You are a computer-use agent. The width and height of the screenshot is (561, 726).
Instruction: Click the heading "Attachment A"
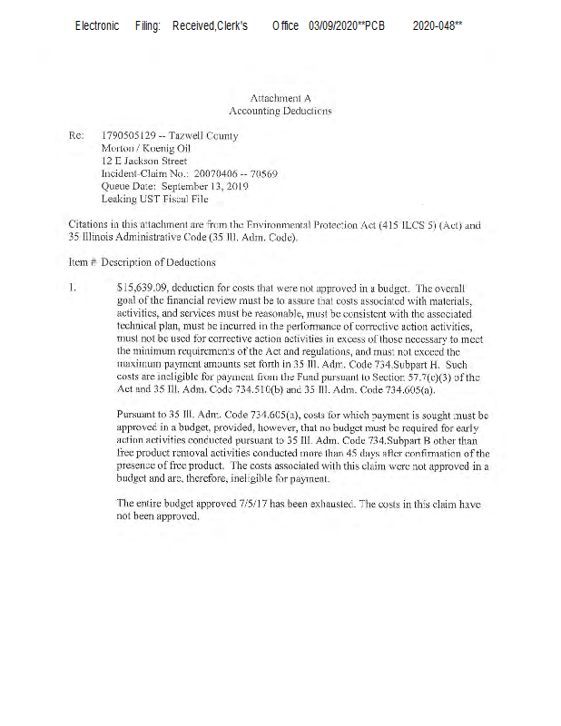tap(280, 96)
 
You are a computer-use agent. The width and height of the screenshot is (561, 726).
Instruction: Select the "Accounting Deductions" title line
tap(280, 111)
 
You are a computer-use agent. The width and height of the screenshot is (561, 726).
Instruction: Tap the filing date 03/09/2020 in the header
tap(335, 26)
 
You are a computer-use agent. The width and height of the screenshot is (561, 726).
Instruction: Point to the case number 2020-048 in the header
tap(434, 26)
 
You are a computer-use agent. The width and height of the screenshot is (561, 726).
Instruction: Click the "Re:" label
tap(76, 136)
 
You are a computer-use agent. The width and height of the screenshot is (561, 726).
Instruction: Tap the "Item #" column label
tap(82, 263)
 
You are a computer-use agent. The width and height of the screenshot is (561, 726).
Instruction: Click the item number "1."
tap(73, 288)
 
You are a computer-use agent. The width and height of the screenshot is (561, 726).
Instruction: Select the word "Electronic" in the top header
tap(97, 26)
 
